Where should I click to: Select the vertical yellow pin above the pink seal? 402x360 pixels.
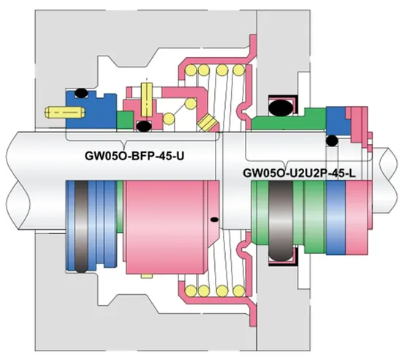pos(147,93)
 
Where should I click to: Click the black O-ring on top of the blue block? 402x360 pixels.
pos(82,91)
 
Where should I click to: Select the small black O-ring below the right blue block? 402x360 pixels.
pos(333,140)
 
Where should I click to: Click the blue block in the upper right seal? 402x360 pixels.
pos(338,120)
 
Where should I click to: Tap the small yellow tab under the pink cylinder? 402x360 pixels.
pos(147,276)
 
